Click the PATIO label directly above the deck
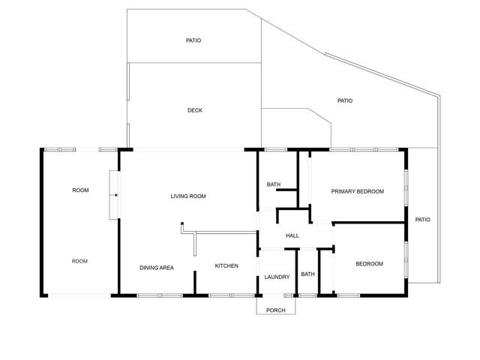[x=193, y=40]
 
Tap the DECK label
[x=195, y=110]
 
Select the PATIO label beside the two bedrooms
[x=423, y=220]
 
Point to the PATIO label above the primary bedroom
[x=345, y=100]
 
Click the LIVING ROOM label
[x=188, y=196]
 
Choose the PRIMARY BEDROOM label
[x=358, y=191]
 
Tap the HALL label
[x=292, y=235]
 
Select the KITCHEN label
[x=226, y=266]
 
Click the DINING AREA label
[x=157, y=267]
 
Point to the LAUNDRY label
[x=277, y=277]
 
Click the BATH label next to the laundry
[x=308, y=274]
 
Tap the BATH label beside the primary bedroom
[x=274, y=184]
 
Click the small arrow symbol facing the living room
[x=113, y=195]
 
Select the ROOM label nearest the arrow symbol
[x=80, y=190]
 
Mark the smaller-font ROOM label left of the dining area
[x=80, y=261]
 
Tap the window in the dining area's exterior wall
[x=160, y=295]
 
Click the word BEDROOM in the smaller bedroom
[x=370, y=264]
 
